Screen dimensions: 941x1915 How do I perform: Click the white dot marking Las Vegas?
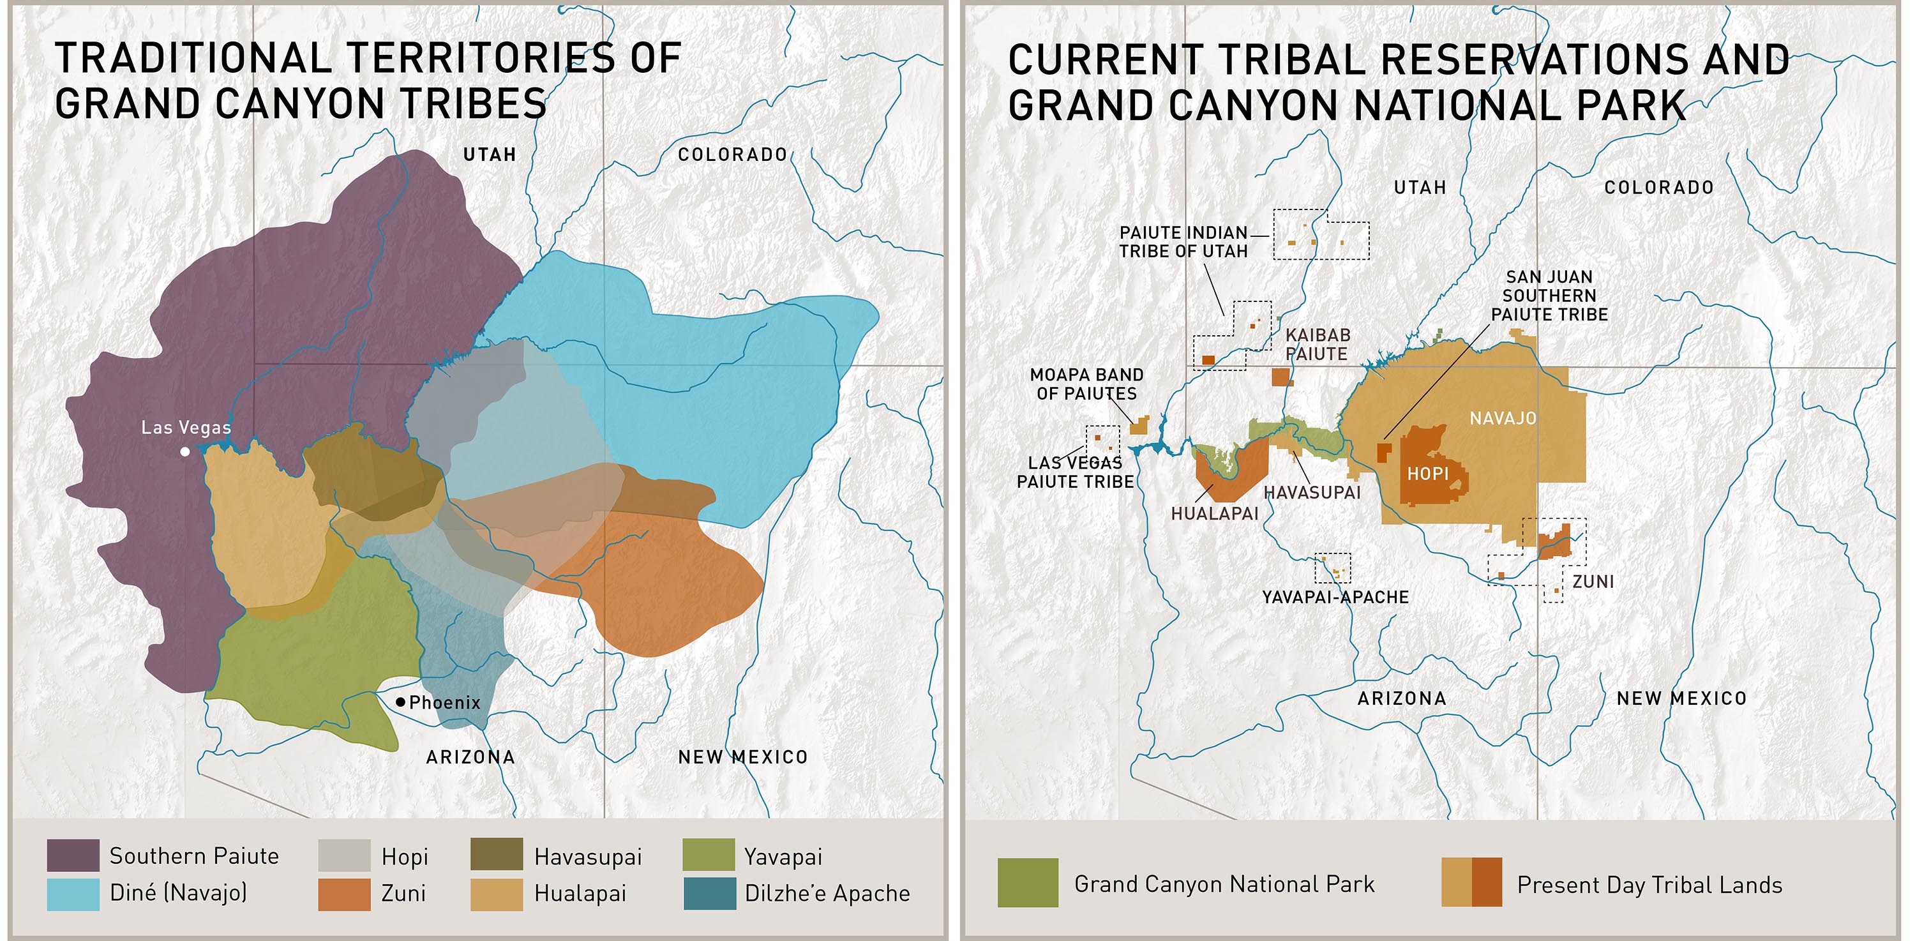[x=185, y=451]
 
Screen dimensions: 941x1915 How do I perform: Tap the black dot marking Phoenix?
[x=401, y=702]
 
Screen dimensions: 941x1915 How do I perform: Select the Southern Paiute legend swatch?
[x=73, y=855]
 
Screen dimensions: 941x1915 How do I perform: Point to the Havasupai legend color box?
[x=497, y=855]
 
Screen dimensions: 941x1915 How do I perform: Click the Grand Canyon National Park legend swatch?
[x=1027, y=883]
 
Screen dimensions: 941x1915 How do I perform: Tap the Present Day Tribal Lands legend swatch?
[x=1471, y=883]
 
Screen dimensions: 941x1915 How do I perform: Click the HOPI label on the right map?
[x=1427, y=474]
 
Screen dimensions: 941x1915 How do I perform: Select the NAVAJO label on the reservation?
[x=1503, y=418]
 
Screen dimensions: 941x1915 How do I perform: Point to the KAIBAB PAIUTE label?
[x=1318, y=345]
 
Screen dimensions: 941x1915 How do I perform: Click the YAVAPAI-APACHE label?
[x=1335, y=598]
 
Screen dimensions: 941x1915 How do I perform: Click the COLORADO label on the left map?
[x=732, y=154]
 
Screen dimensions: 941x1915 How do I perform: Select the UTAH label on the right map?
[x=1420, y=187]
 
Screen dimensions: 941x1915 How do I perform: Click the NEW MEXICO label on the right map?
[x=1681, y=698]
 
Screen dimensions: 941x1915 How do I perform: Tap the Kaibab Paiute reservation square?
[x=1279, y=377]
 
